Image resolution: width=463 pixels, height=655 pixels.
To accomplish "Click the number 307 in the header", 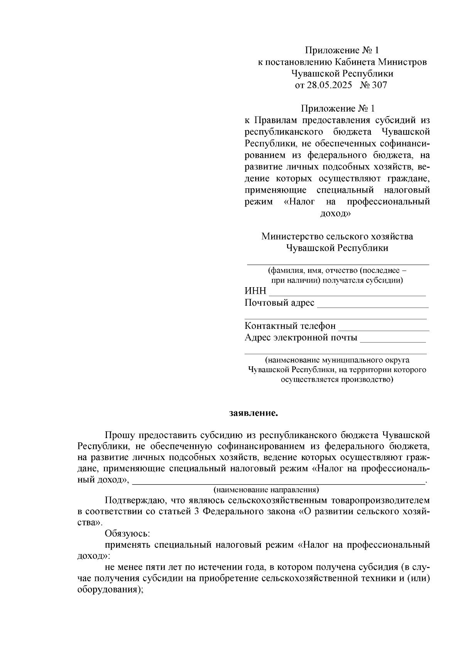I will [379, 85].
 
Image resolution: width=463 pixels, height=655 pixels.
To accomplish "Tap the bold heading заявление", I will [253, 413].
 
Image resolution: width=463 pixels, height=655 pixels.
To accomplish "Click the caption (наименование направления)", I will [266, 490].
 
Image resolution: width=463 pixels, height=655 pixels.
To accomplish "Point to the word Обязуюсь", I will [127, 534].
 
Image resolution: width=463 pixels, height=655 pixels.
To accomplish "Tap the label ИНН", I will [255, 291].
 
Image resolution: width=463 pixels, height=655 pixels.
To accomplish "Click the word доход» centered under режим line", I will [336, 213].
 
